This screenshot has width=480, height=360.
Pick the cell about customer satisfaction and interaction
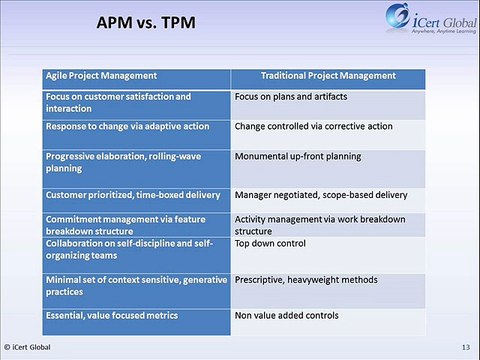118,103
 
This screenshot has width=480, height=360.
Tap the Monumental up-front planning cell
298,157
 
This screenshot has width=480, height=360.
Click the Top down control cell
273,243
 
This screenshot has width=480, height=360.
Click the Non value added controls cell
287,315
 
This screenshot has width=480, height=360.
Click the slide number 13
465,347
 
